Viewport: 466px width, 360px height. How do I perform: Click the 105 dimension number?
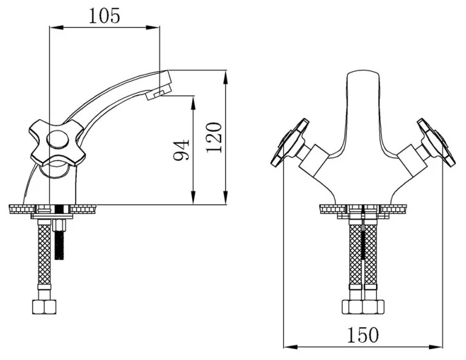pyautogui.click(x=105, y=16)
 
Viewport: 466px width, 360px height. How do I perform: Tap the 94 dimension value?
pyautogui.click(x=181, y=150)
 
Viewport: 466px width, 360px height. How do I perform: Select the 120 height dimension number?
pyautogui.click(x=214, y=137)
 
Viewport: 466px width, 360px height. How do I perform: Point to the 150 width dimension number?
pyautogui.click(x=363, y=335)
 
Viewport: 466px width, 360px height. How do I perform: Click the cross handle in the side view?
pyautogui.click(x=57, y=142)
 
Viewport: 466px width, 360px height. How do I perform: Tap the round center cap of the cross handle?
pyautogui.click(x=58, y=140)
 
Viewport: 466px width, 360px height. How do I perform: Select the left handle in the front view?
pyautogui.click(x=290, y=143)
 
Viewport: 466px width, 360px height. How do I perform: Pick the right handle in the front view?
pyautogui.click(x=436, y=143)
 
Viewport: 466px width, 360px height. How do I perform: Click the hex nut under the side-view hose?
pyautogui.click(x=44, y=307)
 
